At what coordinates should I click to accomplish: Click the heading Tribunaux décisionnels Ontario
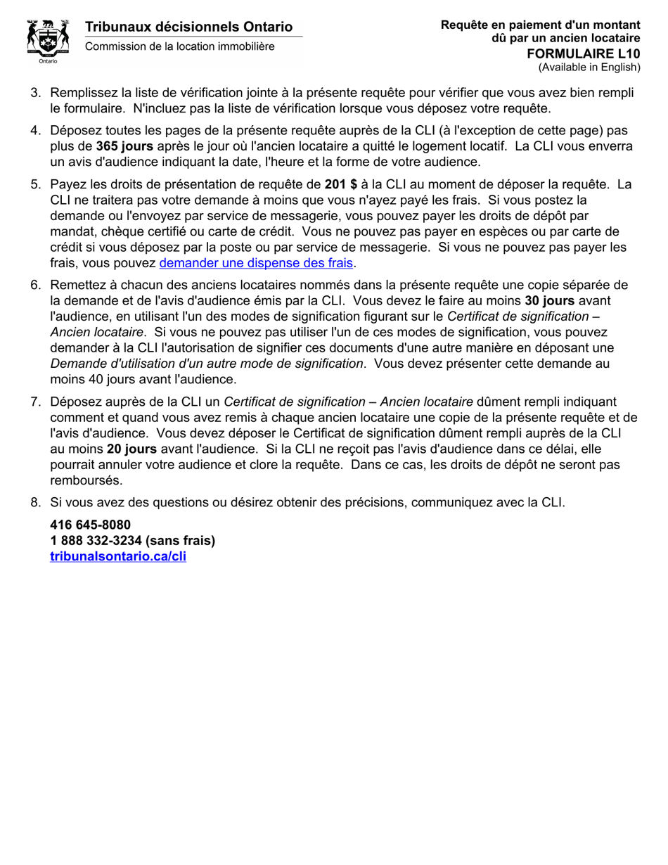188,27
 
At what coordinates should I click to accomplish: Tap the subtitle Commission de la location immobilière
180,46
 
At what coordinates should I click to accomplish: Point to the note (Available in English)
589,68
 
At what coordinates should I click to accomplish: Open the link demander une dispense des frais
256,263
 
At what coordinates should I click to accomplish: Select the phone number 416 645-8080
90,525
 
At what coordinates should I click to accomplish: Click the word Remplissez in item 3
84,93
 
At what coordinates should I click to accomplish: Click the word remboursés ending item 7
86,480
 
